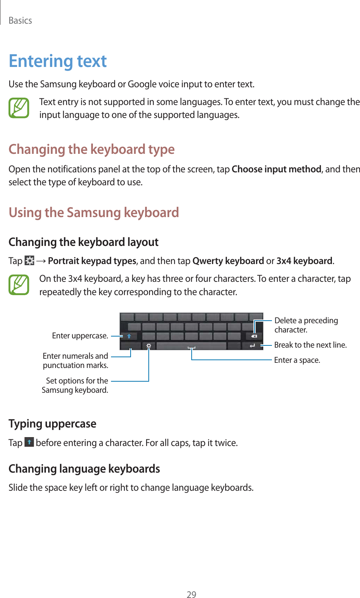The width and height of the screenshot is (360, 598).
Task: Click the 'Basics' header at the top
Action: coord(20,21)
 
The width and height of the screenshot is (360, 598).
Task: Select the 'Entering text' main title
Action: coord(58,61)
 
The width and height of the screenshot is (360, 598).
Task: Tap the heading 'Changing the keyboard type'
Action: coord(91,149)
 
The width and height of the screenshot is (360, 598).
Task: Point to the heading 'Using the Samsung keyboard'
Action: coord(94,213)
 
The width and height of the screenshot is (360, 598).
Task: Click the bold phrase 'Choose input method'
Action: coord(276,169)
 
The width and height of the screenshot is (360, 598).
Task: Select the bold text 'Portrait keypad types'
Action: coord(92,261)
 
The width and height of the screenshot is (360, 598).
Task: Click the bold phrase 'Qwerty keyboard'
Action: coord(228,261)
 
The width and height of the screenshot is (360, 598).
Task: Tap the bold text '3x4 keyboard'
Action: coord(304,261)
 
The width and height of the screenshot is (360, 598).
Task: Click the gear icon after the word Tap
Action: coord(29,261)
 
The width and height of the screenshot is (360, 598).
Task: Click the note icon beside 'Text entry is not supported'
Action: coord(19,108)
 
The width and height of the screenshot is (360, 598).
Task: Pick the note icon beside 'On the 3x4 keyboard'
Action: coord(19,285)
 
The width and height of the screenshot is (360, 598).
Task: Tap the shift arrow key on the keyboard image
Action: coord(129,336)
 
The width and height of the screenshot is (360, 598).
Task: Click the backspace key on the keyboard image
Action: coord(254,336)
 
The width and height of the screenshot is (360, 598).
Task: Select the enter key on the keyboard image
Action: coord(252,346)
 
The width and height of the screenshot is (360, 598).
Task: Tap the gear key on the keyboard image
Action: coord(148,346)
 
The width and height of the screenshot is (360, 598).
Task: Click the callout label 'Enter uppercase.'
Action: coord(80,336)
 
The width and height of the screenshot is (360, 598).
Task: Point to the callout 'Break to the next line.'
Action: coord(310,345)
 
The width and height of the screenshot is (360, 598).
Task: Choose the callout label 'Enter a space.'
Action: coord(297,360)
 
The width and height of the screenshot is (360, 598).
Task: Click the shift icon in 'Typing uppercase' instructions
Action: coord(29,442)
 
